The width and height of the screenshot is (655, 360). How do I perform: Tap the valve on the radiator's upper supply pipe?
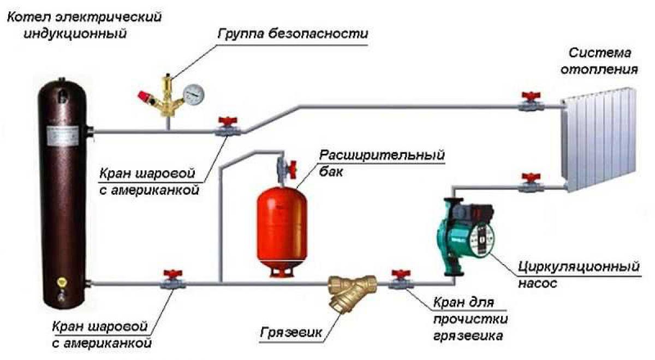tap(528, 103)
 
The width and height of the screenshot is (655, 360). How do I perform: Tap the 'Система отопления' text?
tap(603, 62)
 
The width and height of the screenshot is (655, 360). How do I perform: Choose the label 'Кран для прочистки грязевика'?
tap(467, 319)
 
